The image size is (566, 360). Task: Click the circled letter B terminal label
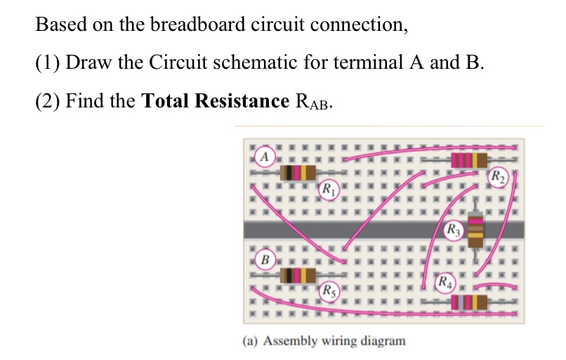(x=264, y=259)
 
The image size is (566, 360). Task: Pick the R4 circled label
(x=445, y=283)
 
